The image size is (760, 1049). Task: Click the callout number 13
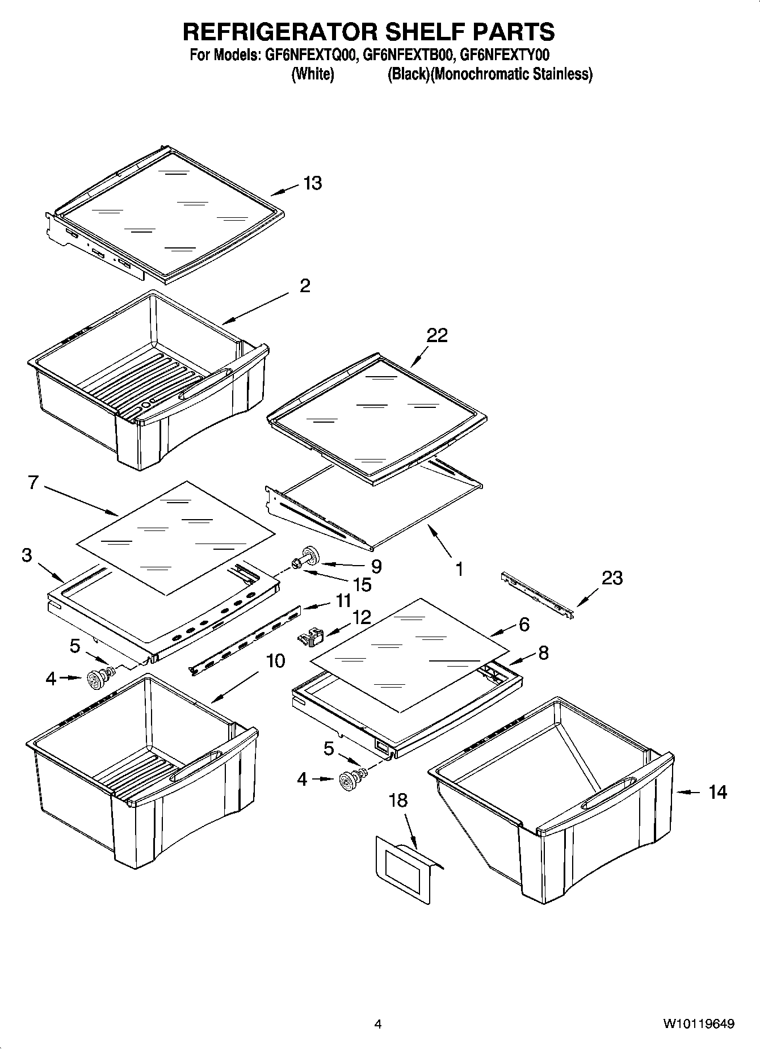coord(312,183)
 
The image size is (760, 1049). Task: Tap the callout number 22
coord(437,335)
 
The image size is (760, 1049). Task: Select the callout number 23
coord(612,578)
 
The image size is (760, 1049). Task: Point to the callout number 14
coord(717,791)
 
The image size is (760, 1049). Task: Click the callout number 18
coord(398,801)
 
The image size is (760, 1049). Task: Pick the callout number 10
coord(275,661)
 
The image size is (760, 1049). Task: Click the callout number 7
coord(32,483)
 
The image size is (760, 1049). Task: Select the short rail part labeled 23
coord(537,596)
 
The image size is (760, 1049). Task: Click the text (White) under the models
coord(312,74)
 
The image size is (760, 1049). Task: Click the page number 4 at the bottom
coord(377,1023)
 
